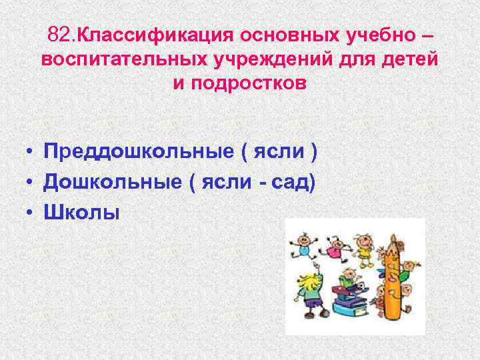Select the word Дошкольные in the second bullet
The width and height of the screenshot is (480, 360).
pos(111,182)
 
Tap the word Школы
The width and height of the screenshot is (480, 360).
pos(81,212)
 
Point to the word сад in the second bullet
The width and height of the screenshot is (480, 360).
pos(293,182)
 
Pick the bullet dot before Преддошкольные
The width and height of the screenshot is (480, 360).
pos(31,152)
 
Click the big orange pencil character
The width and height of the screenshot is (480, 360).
pos(393,273)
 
